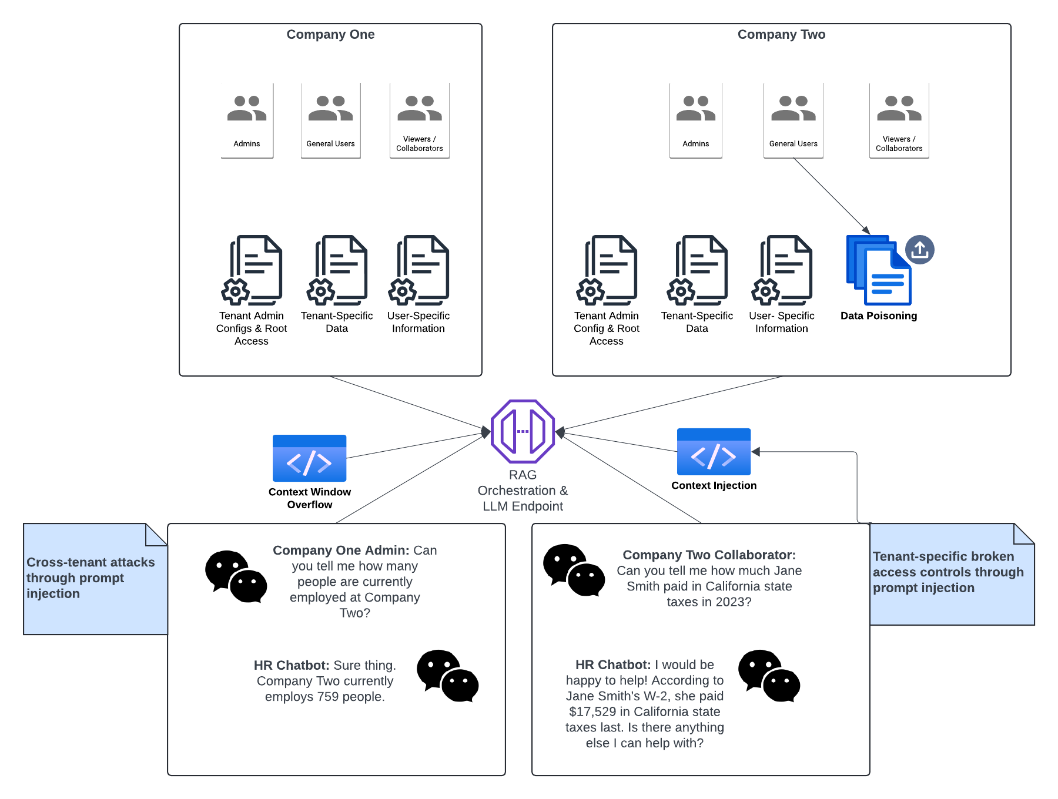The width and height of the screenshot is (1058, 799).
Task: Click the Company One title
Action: [330, 35]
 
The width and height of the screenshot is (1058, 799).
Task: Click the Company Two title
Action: [781, 35]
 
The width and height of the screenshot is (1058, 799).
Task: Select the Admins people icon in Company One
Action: [247, 109]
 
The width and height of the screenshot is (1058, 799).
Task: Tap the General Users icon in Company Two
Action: [793, 109]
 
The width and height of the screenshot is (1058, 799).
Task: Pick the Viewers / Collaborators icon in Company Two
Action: [899, 109]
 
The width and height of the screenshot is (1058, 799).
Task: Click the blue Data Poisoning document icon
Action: [879, 270]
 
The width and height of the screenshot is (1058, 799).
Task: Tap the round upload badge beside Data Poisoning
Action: [919, 250]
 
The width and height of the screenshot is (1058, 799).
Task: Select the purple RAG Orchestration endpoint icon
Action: [523, 432]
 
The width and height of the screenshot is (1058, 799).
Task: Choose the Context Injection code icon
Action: [714, 452]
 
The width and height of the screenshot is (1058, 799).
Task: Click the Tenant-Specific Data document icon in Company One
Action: [337, 270]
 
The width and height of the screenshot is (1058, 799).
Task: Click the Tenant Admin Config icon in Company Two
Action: [607, 270]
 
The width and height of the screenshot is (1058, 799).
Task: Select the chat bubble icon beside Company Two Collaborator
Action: [574, 570]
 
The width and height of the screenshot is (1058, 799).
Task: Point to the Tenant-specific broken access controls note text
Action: [947, 572]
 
